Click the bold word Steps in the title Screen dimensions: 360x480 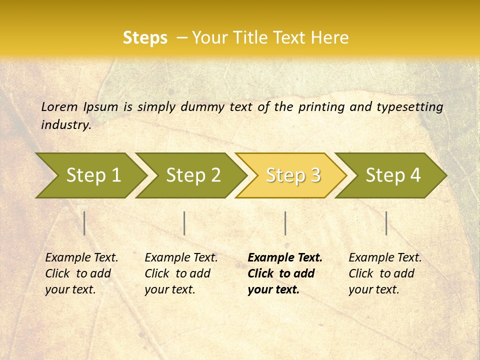coord(145,38)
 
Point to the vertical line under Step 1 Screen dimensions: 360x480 coord(84,223)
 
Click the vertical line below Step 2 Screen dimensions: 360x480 coord(184,223)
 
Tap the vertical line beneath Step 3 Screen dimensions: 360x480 coord(285,223)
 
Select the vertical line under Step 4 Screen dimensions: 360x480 coord(386,223)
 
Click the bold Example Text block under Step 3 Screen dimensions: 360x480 coord(285,273)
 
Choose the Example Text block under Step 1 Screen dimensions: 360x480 coord(81,273)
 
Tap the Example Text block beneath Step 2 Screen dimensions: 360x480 coord(181,273)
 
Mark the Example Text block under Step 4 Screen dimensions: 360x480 coord(385,273)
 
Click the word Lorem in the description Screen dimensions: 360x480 coord(59,106)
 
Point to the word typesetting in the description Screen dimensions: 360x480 coord(409,107)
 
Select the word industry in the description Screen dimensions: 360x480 coord(66,124)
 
